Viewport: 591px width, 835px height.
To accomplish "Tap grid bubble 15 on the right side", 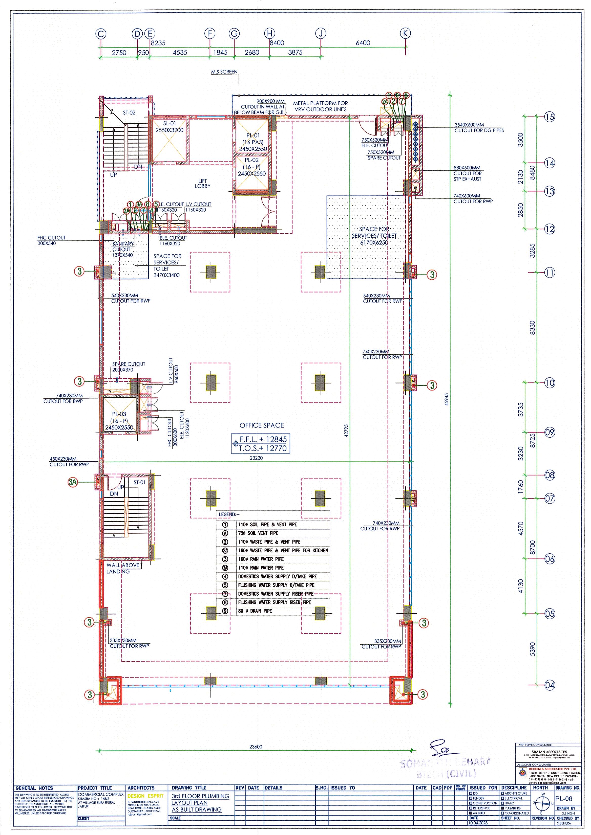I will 550,117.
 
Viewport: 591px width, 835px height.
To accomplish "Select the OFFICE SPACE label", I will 262,425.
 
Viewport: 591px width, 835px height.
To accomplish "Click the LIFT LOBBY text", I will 203,183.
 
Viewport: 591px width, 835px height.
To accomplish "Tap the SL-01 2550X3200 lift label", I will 169,127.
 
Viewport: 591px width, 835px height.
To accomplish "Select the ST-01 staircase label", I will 139,482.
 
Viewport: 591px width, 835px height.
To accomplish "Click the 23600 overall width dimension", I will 256,747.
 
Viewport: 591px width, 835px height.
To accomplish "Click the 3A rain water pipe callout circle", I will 73,482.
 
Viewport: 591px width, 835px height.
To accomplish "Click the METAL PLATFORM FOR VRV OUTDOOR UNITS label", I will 320,106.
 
